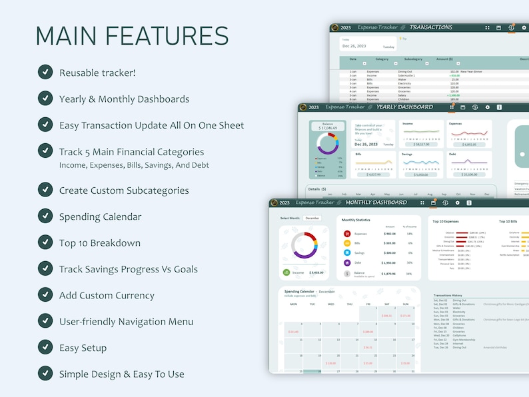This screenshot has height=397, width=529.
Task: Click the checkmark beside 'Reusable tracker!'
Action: [45, 72]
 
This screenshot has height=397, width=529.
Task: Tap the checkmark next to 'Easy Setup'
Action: [45, 347]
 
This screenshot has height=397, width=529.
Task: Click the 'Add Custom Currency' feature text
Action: [107, 295]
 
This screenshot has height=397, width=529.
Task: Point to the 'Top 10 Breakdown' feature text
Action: [100, 242]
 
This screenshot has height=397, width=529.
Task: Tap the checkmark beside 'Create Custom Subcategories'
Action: [45, 190]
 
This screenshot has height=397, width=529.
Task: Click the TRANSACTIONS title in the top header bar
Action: [430, 27]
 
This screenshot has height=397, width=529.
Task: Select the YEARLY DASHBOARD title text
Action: [404, 107]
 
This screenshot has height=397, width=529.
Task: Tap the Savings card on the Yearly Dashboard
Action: [421, 165]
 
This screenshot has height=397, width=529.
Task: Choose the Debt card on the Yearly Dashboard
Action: [469, 165]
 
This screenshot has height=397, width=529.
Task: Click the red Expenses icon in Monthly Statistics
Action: [347, 234]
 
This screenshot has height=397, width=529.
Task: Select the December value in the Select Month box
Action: [311, 218]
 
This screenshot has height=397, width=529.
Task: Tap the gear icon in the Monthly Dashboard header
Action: [457, 202]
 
